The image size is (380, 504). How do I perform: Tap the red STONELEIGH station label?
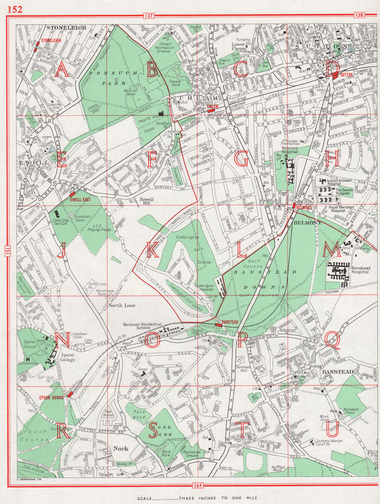pos(51,40)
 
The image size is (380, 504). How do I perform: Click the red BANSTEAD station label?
pos(230,322)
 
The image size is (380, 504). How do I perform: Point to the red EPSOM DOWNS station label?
pos(51,398)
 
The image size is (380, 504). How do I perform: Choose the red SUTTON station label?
pos(347,75)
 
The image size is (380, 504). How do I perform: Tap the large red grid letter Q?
pos(332,339)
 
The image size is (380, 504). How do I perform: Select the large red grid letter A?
pos(62,70)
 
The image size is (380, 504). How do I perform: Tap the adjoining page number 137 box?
pos(149,16)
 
